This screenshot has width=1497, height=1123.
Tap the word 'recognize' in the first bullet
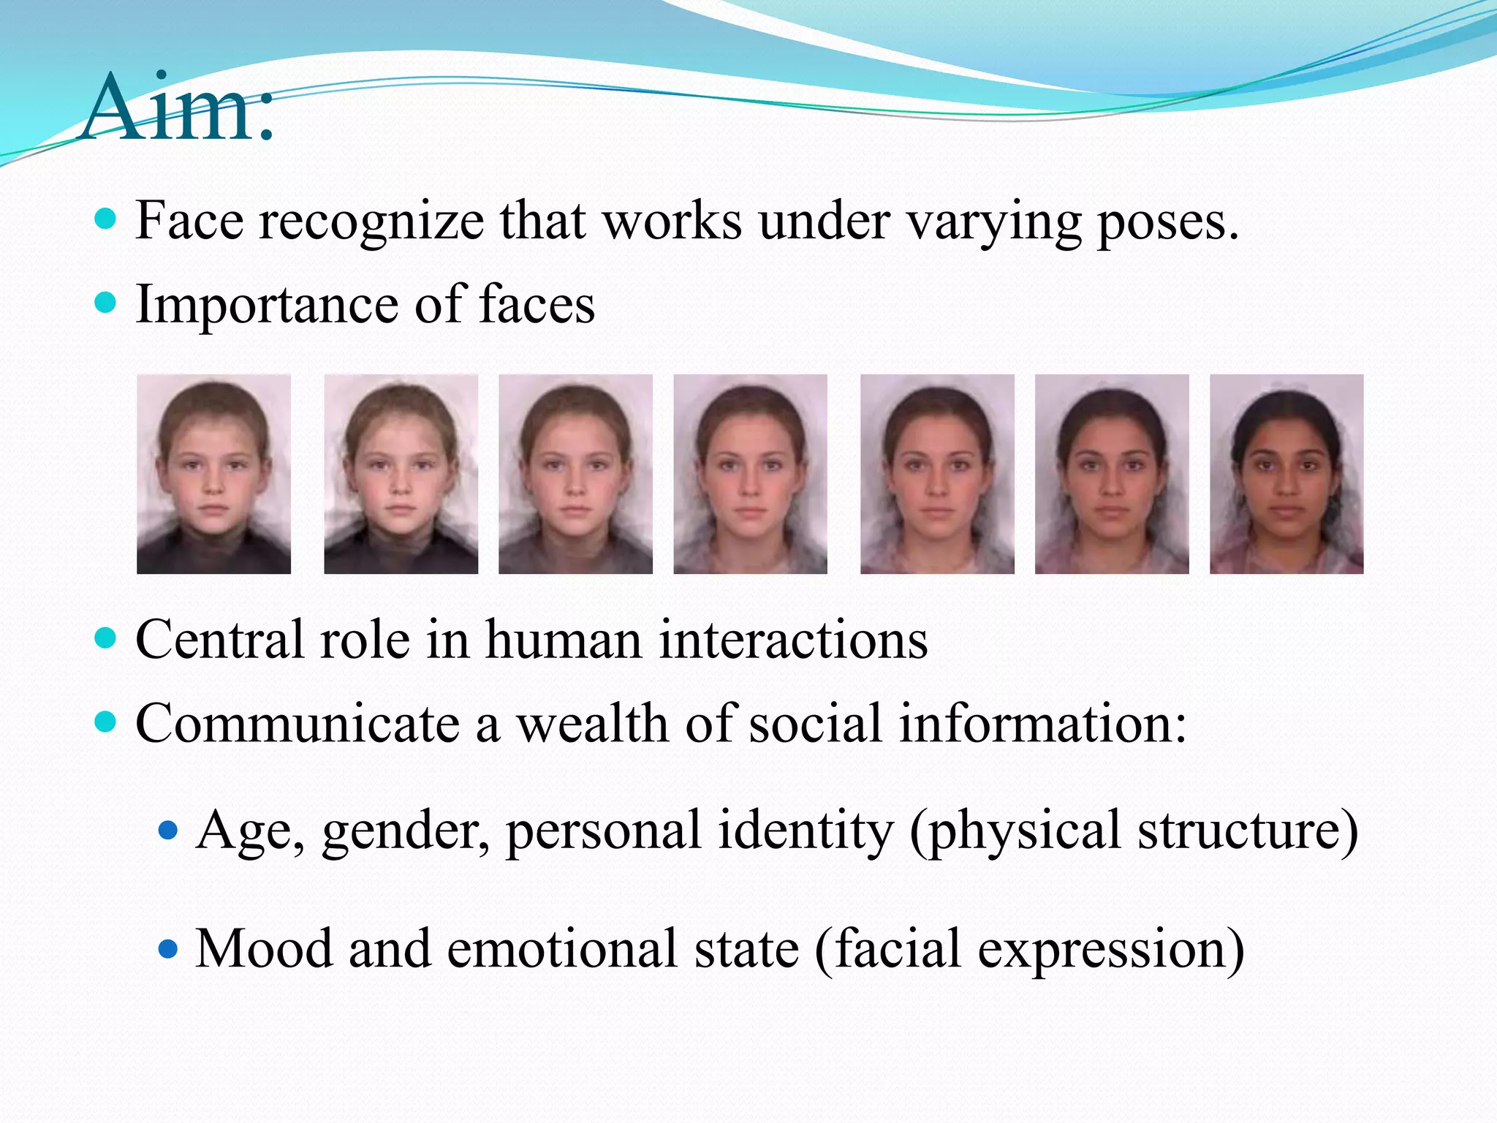[x=371, y=222]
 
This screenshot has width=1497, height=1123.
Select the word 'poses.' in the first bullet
[x=1167, y=222]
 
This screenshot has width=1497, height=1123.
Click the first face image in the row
[x=213, y=474]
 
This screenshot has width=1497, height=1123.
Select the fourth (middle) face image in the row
[x=750, y=474]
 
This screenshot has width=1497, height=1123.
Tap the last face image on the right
[x=1286, y=474]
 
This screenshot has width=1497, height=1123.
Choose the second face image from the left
[x=401, y=474]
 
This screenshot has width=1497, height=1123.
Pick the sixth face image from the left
[x=1112, y=474]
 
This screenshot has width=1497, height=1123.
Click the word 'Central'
[x=219, y=640]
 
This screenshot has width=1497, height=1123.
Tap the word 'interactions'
[x=793, y=640]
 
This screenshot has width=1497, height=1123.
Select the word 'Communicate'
[x=297, y=725]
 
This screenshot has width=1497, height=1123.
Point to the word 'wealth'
[x=593, y=725]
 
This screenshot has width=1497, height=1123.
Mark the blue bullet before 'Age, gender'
[x=168, y=831]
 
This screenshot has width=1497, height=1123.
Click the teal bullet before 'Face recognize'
[x=106, y=219]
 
